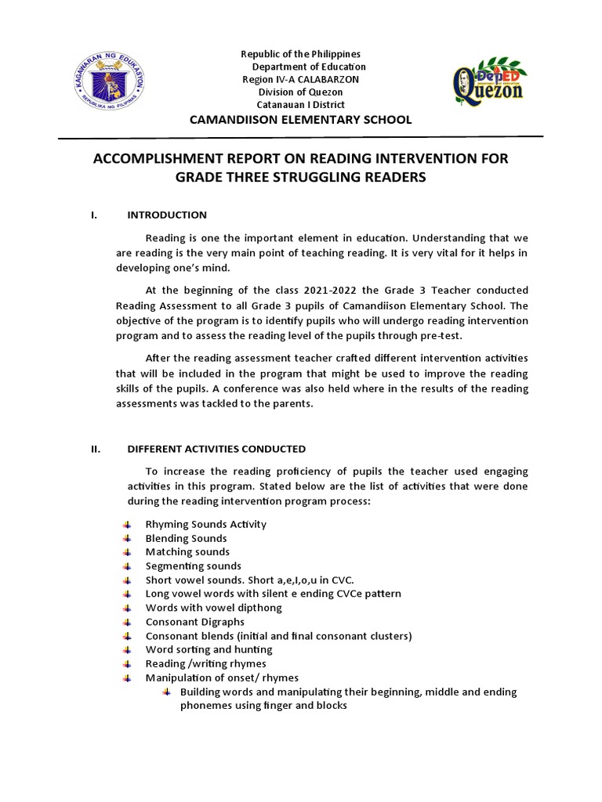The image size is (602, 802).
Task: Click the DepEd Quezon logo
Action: (x=488, y=81)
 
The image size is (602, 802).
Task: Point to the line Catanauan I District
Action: (x=302, y=105)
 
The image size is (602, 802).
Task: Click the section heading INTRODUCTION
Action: (x=167, y=215)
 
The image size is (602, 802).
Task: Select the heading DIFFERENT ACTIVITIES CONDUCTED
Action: (x=216, y=449)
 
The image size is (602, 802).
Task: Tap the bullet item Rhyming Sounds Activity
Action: (x=205, y=524)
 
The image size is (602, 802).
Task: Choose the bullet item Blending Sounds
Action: (x=186, y=538)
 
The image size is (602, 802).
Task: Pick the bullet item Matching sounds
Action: (x=188, y=552)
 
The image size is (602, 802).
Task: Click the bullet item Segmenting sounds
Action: (x=193, y=565)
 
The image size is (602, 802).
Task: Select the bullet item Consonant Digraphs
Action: (x=194, y=622)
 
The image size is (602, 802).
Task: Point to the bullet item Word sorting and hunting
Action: (x=209, y=649)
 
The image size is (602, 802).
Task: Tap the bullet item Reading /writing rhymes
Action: (x=205, y=663)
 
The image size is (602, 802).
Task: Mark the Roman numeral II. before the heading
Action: (x=96, y=449)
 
